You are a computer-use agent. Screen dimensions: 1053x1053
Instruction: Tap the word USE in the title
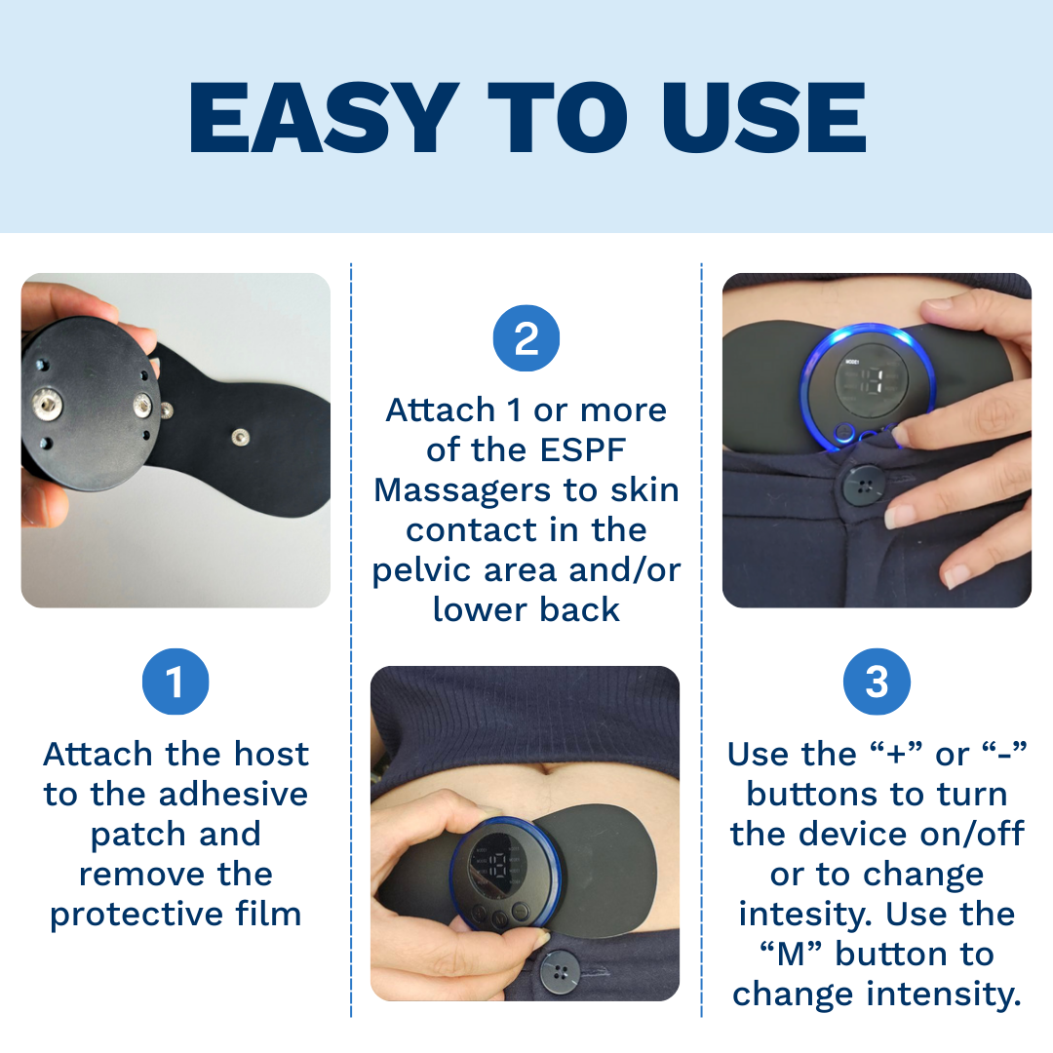(x=765, y=118)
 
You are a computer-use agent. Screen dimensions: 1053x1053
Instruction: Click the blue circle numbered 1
(x=175, y=682)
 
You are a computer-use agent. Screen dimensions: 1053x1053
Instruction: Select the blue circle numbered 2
(x=526, y=337)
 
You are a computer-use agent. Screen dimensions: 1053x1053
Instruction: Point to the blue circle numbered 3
(x=877, y=682)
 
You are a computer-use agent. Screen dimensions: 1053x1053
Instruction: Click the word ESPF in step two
(x=584, y=449)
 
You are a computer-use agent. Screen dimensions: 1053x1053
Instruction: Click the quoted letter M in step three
(x=791, y=955)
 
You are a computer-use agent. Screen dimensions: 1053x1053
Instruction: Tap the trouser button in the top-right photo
(x=863, y=485)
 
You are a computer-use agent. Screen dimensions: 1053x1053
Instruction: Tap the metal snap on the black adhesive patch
(x=240, y=437)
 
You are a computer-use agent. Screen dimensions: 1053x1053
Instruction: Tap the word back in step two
(x=579, y=609)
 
